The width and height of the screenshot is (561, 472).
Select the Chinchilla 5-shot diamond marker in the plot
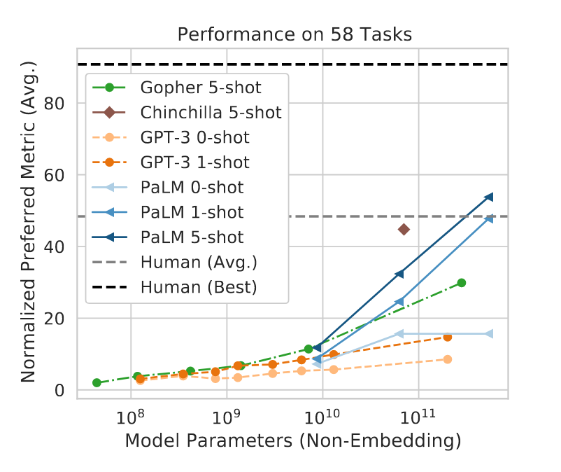[x=404, y=229]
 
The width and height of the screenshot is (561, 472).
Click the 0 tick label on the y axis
[x=62, y=391]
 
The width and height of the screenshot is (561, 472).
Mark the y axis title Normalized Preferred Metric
[x=29, y=231]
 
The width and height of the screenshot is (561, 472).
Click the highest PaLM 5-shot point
[x=489, y=197]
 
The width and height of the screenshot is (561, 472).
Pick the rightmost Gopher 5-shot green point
[x=461, y=283]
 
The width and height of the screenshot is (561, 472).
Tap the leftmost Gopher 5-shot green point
[x=97, y=383]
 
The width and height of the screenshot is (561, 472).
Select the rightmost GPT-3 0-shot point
[x=448, y=359]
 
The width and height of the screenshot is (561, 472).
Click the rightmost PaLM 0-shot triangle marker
[x=489, y=334]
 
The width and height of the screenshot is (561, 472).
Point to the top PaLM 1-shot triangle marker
[x=489, y=218]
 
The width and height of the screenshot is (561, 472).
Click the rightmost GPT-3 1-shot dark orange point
[x=448, y=337]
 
